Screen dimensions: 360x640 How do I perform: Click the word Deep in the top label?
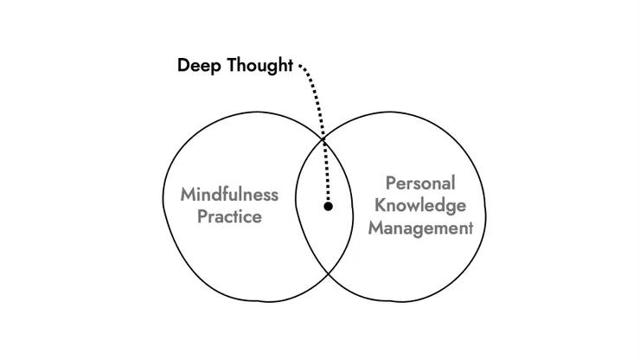pos(197,67)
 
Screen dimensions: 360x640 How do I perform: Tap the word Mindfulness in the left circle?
pos(229,194)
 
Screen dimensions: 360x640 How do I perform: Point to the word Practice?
pos(229,215)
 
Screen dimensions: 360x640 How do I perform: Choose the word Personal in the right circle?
pos(420,184)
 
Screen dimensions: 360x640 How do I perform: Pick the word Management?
pos(420,228)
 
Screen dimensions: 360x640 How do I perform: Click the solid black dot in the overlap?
pos(328,206)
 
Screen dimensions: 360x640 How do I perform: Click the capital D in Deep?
pos(183,67)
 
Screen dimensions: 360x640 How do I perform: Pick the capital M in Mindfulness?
pos(188,194)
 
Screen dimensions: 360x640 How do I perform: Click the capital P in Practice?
pos(202,215)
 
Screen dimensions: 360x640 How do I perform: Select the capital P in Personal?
pos(390,184)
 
